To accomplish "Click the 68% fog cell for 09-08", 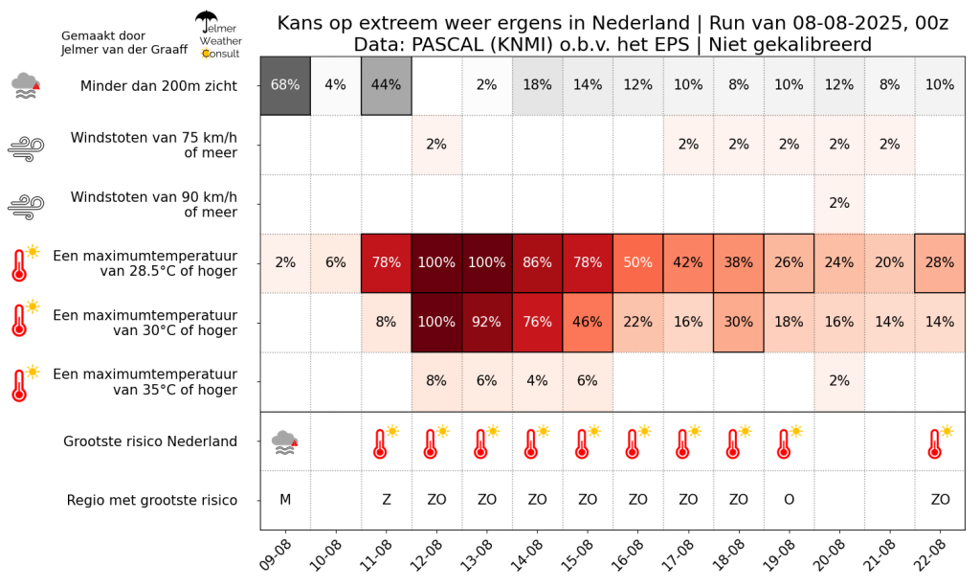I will click(x=285, y=85).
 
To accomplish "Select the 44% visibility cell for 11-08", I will click(x=386, y=85).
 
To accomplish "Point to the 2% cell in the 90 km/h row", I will click(x=839, y=204).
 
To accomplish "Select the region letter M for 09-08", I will click(x=285, y=500).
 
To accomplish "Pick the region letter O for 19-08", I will click(x=789, y=500).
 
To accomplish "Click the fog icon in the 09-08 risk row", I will click(x=284, y=441).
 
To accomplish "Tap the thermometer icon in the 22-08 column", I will click(x=939, y=441).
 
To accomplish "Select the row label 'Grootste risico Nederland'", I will click(x=150, y=441).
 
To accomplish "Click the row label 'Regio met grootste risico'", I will click(x=152, y=500).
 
